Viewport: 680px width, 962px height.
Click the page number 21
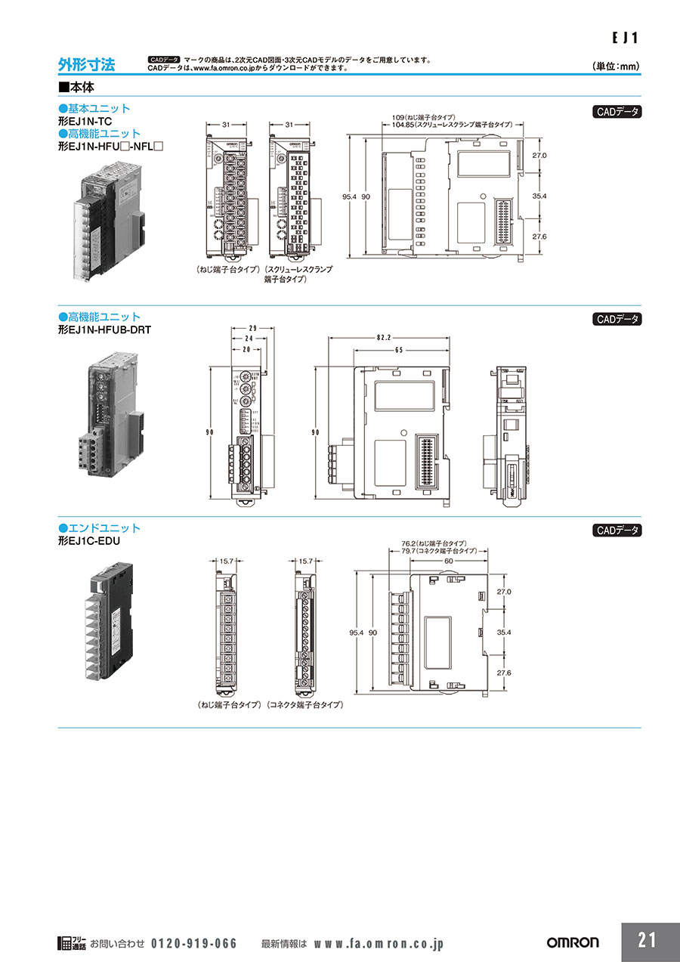(x=647, y=941)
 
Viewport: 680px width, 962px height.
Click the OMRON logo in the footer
(x=572, y=942)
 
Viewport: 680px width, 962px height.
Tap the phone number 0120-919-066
(x=194, y=943)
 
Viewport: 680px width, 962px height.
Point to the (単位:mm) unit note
(x=617, y=67)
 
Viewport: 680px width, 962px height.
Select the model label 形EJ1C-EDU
(x=89, y=541)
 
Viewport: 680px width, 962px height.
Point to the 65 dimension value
(x=397, y=351)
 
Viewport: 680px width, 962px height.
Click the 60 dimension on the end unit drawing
(x=449, y=561)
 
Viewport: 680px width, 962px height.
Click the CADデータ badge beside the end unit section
(x=617, y=530)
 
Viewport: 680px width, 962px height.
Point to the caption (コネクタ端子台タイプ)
(x=305, y=704)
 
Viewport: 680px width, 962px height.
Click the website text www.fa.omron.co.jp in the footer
(x=378, y=943)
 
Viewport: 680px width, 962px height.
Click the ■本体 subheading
(x=76, y=87)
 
